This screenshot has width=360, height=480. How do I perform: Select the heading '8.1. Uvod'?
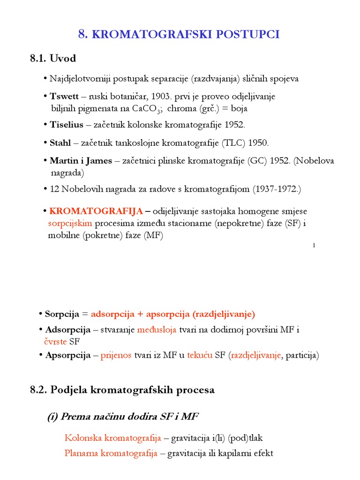pos(53,59)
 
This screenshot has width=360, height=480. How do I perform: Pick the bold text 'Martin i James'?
pos(81,161)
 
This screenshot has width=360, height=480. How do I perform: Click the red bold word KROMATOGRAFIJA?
pos(96,211)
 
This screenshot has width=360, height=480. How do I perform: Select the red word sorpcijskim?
pos(70,224)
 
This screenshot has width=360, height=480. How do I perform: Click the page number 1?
pos(313,246)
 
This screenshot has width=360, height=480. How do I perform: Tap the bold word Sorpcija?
pos(63,314)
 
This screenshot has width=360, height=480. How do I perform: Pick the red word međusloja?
pos(157,330)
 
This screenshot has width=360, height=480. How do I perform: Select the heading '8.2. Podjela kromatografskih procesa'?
pos(122,390)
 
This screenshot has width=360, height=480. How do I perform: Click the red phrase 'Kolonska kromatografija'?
pos(113,438)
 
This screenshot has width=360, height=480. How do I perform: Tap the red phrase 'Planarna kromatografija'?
pos(111,453)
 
